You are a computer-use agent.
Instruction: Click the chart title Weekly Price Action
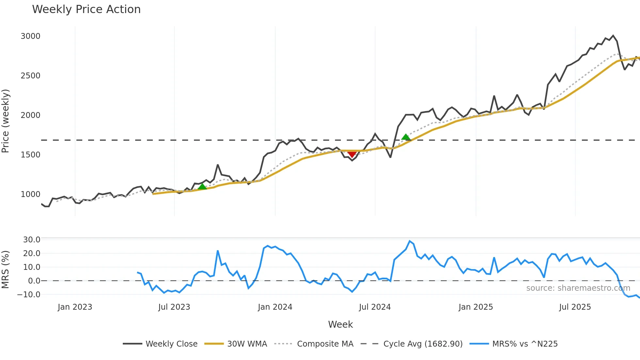pyautogui.click(x=86, y=9)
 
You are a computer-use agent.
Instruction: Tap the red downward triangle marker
pyautogui.click(x=352, y=154)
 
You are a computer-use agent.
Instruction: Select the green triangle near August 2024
pyautogui.click(x=406, y=137)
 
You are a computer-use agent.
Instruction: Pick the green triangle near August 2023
pyautogui.click(x=202, y=187)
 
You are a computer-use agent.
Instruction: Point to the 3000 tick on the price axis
pyautogui.click(x=30, y=36)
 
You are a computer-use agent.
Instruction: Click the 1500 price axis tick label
pyautogui.click(x=30, y=155)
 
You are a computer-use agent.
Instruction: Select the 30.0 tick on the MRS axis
pyautogui.click(x=32, y=239)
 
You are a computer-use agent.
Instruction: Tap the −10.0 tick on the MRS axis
pyautogui.click(x=29, y=294)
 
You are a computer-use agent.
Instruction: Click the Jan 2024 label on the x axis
pyautogui.click(x=275, y=307)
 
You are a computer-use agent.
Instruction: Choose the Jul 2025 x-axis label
pyautogui.click(x=575, y=307)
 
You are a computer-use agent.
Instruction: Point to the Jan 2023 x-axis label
pyautogui.click(x=75, y=307)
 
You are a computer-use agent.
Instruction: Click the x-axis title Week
pyautogui.click(x=340, y=324)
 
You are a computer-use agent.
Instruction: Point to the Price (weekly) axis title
pyautogui.click(x=5, y=121)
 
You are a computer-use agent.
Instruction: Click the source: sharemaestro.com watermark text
pyautogui.click(x=578, y=288)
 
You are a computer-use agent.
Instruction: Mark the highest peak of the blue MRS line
pyautogui.click(x=409, y=241)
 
